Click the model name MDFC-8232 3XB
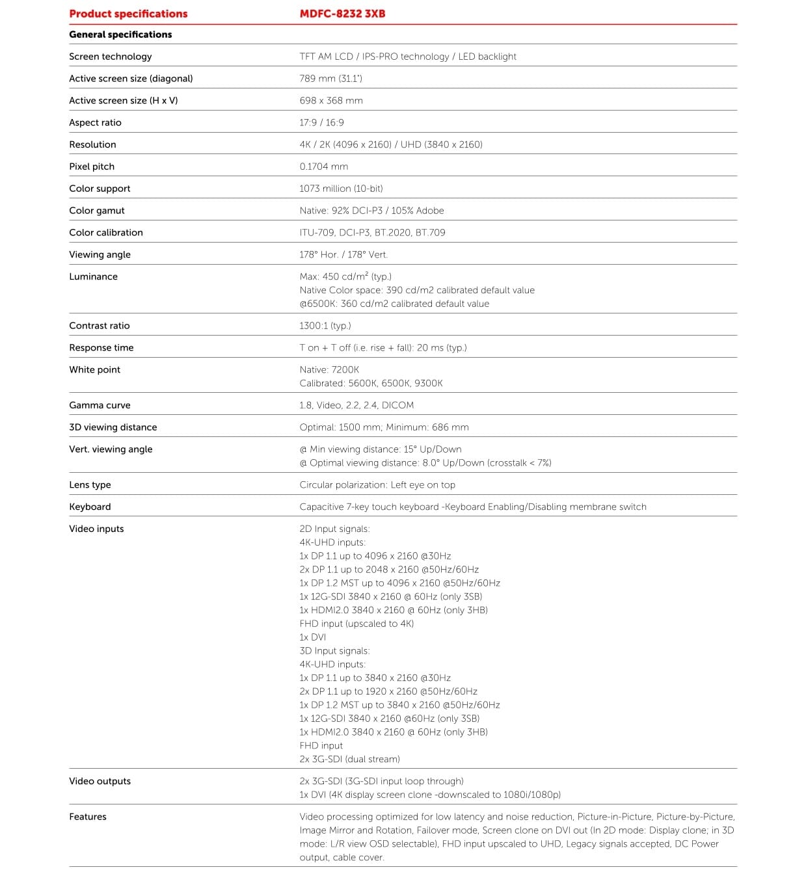pyautogui.click(x=342, y=14)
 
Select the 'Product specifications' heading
pyautogui.click(x=128, y=14)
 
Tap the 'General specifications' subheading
pyautogui.click(x=120, y=34)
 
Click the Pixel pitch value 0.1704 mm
pyautogui.click(x=323, y=166)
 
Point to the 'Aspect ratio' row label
pyautogui.click(x=95, y=122)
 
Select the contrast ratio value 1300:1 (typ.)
pyautogui.click(x=325, y=326)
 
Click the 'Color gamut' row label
pyautogui.click(x=96, y=211)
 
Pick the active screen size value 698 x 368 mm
pyautogui.click(x=330, y=100)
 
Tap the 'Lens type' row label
pyautogui.click(x=90, y=484)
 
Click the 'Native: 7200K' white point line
pyautogui.click(x=329, y=369)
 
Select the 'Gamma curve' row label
pyautogui.click(x=100, y=405)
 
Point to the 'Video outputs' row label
pyautogui.click(x=100, y=781)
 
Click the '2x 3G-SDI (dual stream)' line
pyautogui.click(x=349, y=759)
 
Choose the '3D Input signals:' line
pyautogui.click(x=334, y=651)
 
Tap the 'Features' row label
pyautogui.click(x=88, y=817)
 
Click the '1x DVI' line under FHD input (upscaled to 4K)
pyautogui.click(x=312, y=637)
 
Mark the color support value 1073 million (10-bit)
pyautogui.click(x=341, y=189)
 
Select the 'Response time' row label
pyautogui.click(x=101, y=348)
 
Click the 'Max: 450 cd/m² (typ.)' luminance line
pyautogui.click(x=345, y=276)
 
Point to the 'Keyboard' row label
pyautogui.click(x=90, y=507)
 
